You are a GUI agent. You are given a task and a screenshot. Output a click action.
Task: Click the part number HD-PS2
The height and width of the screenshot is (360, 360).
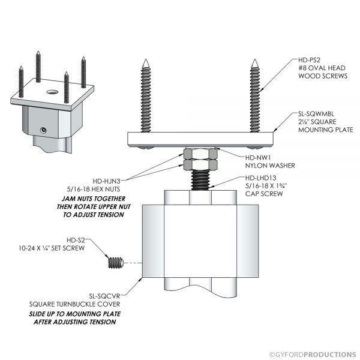(x=311, y=61)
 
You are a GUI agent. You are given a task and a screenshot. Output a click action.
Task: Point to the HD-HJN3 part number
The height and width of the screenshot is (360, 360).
(x=110, y=180)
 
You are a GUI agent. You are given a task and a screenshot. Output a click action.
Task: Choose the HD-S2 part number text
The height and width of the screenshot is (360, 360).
(x=79, y=239)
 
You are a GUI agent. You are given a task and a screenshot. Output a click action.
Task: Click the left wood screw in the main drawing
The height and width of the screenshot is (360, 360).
(x=146, y=96)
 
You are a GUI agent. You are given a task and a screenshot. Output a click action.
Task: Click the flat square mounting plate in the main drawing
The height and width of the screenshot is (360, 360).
(x=200, y=139)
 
